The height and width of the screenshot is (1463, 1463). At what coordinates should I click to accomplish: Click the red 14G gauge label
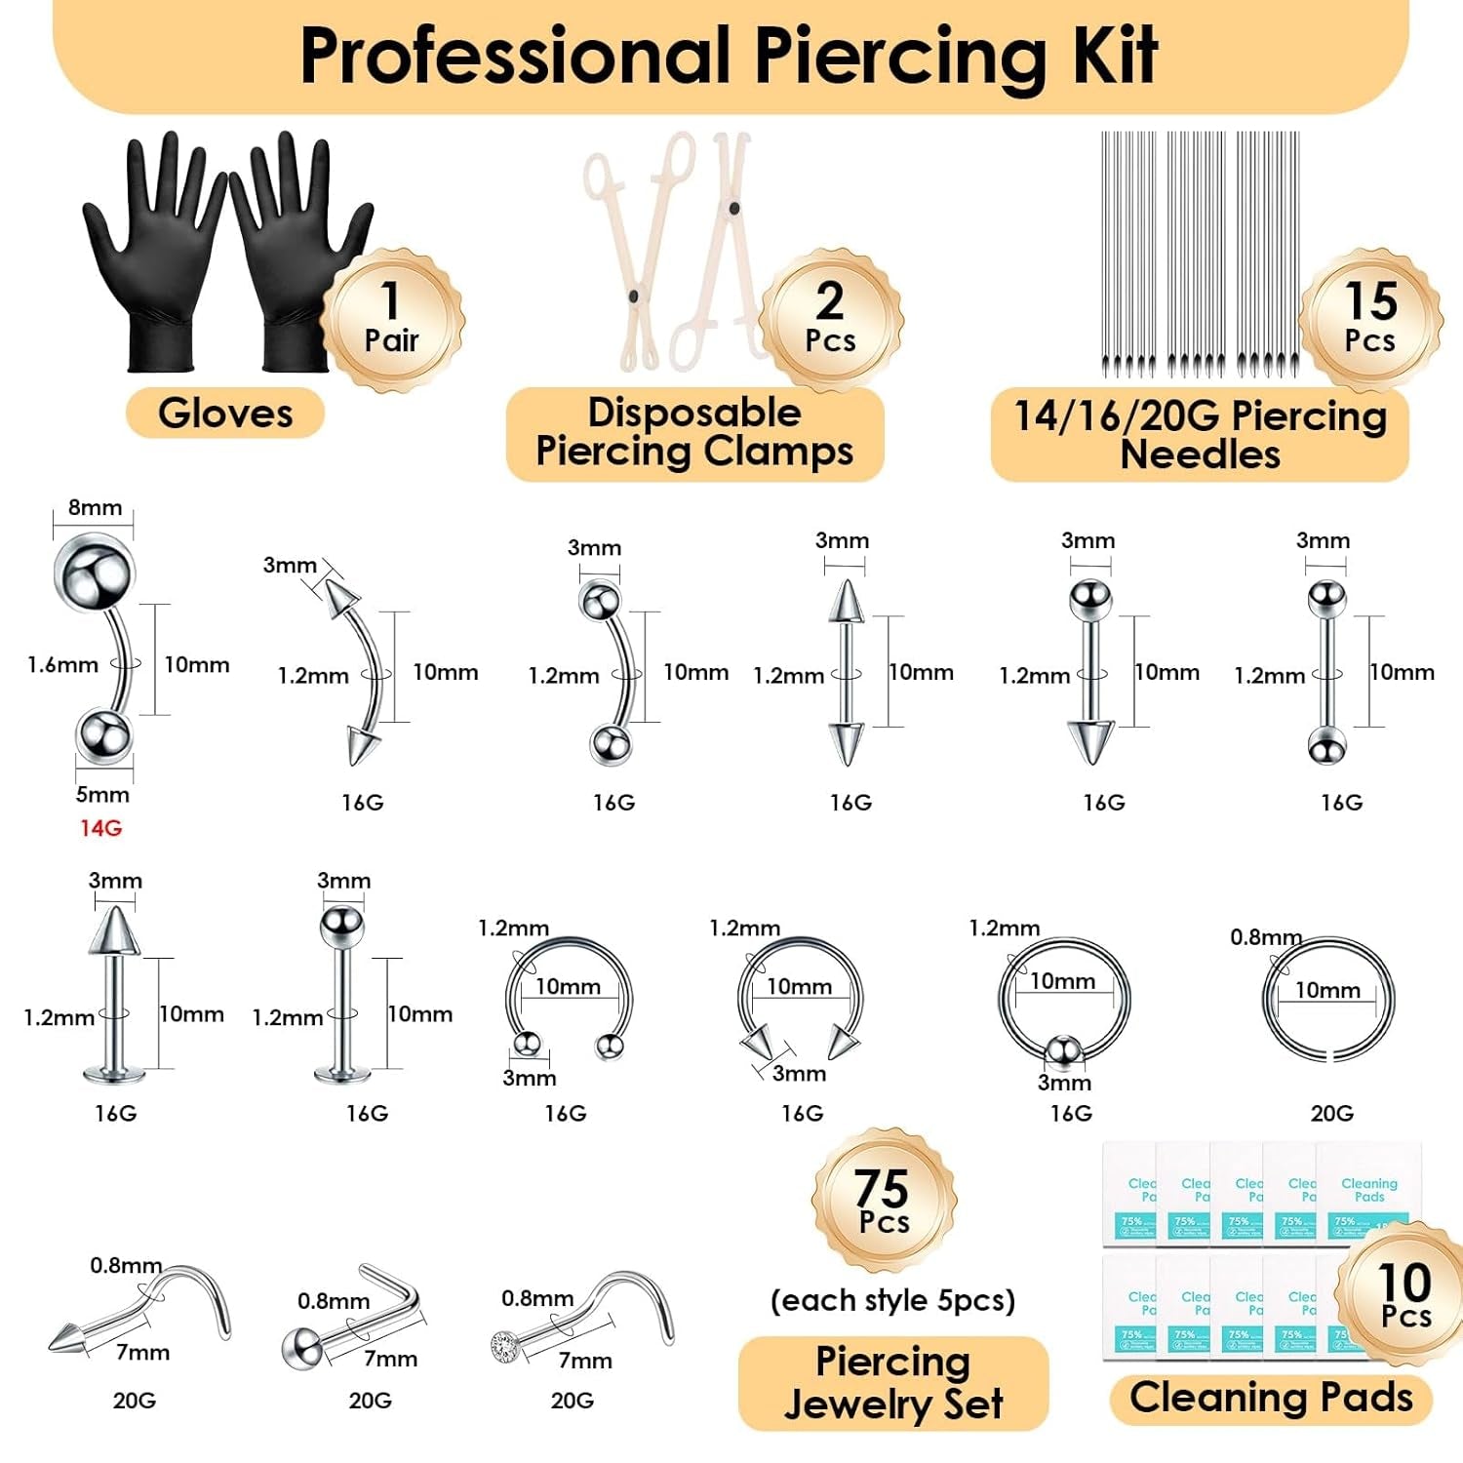100,828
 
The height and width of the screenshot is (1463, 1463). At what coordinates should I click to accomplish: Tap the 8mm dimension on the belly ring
95,508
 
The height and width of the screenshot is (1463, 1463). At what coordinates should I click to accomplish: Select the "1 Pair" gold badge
392,319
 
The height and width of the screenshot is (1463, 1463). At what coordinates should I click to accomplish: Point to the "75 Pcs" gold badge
884,1202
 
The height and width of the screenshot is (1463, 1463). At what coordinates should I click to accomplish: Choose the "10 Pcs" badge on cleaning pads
1405,1295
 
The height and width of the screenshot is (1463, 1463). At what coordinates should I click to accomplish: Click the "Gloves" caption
225,414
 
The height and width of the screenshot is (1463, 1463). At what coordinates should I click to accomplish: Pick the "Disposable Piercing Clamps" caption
694,433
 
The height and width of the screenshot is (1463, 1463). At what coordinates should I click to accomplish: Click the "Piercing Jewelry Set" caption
892,1383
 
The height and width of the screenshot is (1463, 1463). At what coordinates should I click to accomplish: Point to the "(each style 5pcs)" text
892,1301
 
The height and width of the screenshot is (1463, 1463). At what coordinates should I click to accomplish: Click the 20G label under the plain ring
1331,1114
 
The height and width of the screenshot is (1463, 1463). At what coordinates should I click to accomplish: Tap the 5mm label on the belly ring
102,795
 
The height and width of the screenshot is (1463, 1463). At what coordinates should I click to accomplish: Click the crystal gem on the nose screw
504,1345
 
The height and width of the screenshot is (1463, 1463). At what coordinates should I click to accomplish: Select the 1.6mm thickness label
62,665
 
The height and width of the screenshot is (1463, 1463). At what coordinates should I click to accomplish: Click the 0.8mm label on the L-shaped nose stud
334,1302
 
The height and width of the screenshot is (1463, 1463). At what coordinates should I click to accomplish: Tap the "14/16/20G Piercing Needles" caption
1200,435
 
